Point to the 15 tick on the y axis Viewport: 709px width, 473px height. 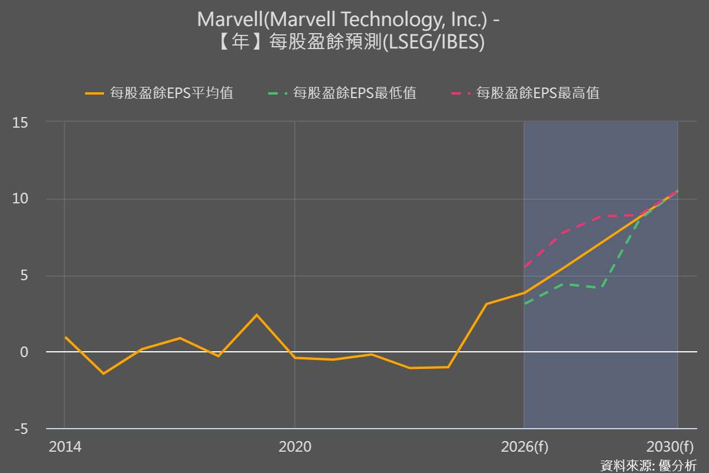tap(20, 122)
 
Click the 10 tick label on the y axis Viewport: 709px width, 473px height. tap(20, 199)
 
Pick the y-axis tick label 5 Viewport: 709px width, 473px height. tap(24, 276)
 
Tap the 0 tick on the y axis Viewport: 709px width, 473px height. tap(24, 352)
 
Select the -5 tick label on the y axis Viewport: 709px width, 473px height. tap(20, 429)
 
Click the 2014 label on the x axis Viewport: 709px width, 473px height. tap(65, 447)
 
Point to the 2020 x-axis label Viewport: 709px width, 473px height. tap(295, 447)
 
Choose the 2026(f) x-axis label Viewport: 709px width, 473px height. tap(524, 447)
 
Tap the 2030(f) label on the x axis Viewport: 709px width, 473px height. tap(670, 447)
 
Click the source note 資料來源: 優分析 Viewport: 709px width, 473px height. tap(648, 465)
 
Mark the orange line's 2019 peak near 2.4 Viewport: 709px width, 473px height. tap(256, 315)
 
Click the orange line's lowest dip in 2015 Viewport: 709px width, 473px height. tap(103, 374)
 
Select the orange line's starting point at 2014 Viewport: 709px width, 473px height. tap(65, 337)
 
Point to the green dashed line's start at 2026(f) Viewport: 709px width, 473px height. tap(524, 304)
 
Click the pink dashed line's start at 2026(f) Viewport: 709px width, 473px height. tap(524, 267)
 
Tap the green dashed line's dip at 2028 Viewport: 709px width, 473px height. tap(601, 287)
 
